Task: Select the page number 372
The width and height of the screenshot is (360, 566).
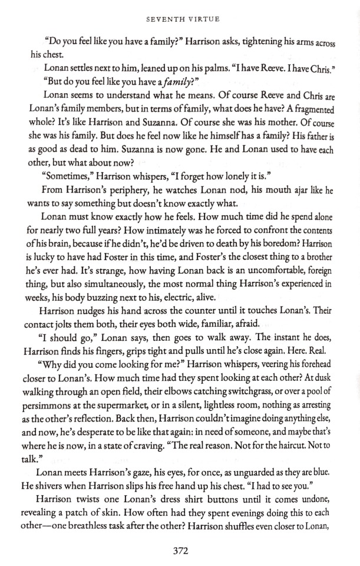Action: pyautogui.click(x=180, y=551)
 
